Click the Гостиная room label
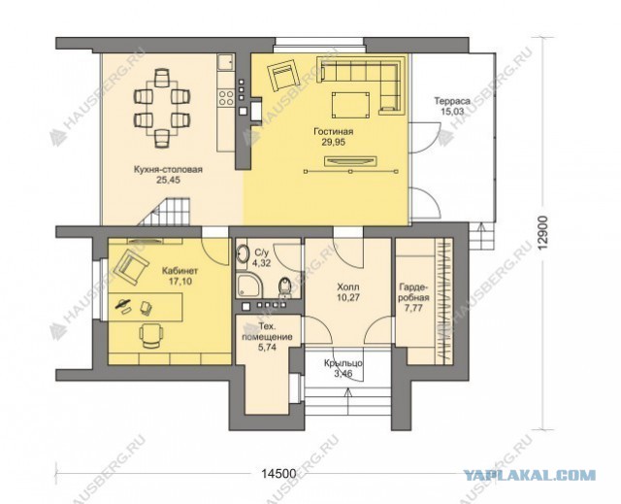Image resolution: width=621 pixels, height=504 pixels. tap(333, 131)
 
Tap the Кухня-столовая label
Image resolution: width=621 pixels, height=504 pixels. tap(168, 170)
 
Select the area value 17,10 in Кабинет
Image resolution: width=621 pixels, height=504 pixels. tap(180, 282)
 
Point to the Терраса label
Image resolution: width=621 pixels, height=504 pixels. tap(452, 101)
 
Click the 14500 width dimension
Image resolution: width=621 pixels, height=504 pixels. tap(278, 473)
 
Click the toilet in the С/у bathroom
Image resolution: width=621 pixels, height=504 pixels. tap(284, 286)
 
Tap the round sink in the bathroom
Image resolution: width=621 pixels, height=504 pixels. tap(243, 253)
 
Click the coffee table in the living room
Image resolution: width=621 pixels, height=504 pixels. tap(350, 105)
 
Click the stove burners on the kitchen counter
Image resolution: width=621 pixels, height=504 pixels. tap(226, 97)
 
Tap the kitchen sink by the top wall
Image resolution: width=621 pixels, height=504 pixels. tap(226, 62)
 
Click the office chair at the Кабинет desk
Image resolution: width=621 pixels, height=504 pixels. tap(151, 336)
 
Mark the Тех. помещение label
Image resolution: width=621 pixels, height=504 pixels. tap(267, 332)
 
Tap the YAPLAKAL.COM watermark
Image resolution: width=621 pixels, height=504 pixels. tap(529, 475)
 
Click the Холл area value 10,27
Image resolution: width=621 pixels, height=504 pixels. tap(348, 297)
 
